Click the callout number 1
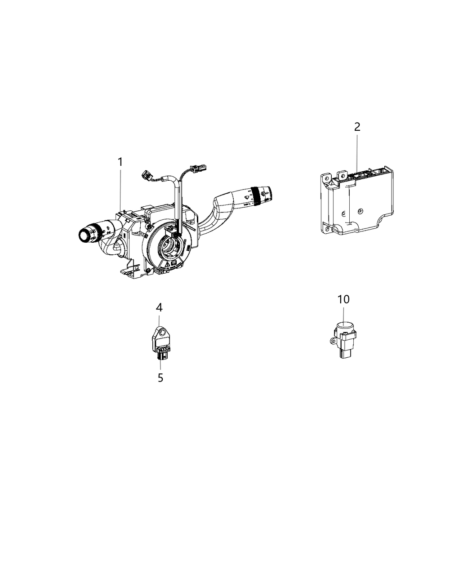point(120,162)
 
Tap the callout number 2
point(357,127)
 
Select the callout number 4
point(160,307)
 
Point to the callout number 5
point(160,378)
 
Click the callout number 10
point(343,299)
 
